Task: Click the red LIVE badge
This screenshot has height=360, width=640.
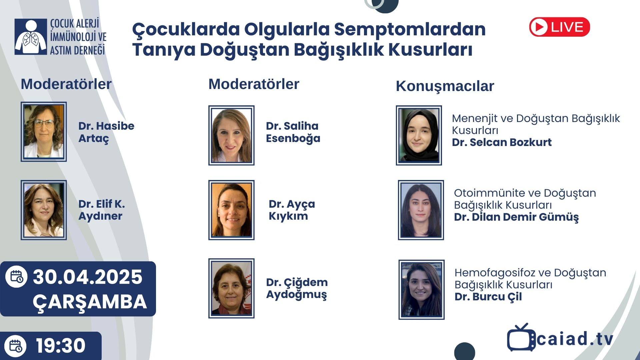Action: point(559,27)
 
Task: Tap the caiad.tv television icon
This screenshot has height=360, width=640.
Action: point(521,337)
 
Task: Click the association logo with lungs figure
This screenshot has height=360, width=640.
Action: point(31,37)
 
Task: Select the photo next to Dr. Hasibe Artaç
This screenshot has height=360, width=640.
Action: point(44,132)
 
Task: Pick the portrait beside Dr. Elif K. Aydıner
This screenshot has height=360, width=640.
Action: point(44,210)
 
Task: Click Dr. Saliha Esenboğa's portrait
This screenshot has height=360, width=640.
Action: point(231,135)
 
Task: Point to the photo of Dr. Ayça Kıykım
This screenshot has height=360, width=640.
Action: point(231,210)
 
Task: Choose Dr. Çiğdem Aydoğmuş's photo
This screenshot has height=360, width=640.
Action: point(231,288)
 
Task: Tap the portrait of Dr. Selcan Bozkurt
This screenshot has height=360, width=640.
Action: point(419,135)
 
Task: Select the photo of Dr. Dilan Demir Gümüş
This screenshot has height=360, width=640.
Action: point(421,210)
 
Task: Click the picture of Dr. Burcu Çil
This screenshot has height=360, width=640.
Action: point(421,290)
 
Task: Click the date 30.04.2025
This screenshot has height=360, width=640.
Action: point(88,277)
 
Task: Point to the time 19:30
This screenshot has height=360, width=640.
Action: point(61,346)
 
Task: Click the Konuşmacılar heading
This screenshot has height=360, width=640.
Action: point(445,86)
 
